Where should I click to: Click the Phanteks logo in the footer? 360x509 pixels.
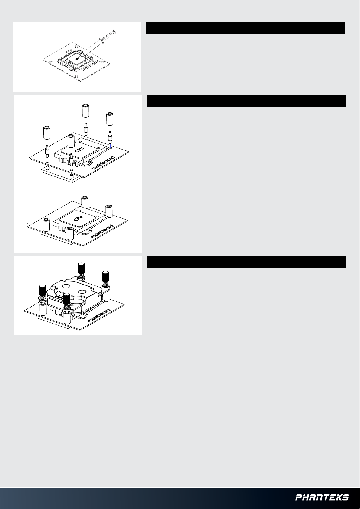322,497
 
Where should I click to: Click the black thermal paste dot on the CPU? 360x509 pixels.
77,59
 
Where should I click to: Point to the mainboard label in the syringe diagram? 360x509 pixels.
90,65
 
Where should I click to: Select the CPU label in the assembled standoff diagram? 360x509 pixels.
78,217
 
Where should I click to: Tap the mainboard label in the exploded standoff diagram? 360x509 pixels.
103,163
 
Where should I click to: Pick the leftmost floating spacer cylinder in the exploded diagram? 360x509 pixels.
47,133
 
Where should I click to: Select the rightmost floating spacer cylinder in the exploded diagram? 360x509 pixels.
110,119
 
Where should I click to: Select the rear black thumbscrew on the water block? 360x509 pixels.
81,268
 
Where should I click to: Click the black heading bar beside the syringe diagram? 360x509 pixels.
245,28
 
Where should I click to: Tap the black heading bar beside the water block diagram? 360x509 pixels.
246,262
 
